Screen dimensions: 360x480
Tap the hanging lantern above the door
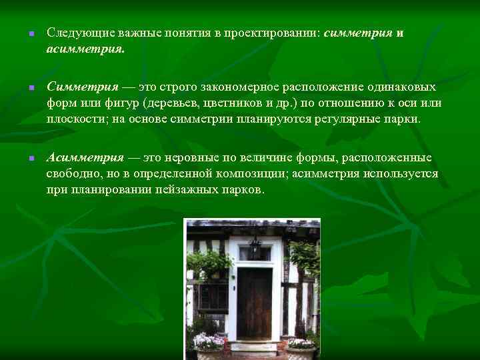tap(254, 249)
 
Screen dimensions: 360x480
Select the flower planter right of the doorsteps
tap(301, 345)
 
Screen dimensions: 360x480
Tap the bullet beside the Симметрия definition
tap(23, 87)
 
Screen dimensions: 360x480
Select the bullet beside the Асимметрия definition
tap(23, 159)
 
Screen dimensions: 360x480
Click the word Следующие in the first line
tap(75, 33)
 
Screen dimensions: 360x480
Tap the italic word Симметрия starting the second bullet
tap(82, 87)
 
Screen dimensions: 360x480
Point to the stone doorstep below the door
tap(253, 347)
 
